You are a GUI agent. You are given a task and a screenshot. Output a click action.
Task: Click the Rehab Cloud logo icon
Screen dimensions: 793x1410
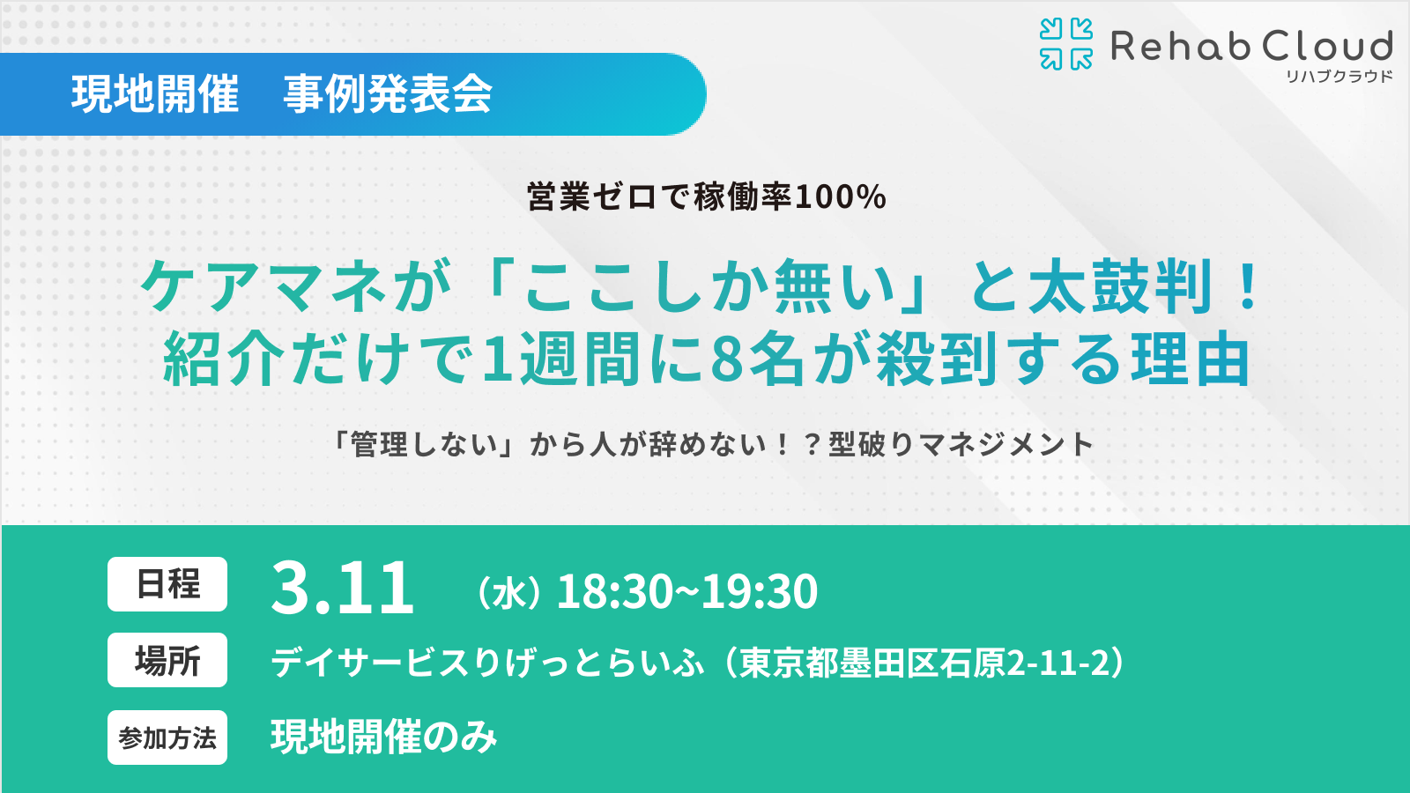click(1066, 44)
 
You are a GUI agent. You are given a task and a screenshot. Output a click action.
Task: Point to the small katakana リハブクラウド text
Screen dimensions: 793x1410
click(1339, 77)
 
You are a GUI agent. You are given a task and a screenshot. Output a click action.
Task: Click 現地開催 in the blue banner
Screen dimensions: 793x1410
click(155, 94)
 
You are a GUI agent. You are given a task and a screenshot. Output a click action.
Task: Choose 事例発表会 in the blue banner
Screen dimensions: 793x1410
click(388, 94)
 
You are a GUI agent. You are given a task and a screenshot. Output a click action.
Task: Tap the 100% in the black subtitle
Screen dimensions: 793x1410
click(841, 196)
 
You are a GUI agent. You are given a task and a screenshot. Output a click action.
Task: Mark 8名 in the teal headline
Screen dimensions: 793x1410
click(758, 359)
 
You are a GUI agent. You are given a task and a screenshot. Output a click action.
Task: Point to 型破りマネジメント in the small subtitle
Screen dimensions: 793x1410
click(961, 444)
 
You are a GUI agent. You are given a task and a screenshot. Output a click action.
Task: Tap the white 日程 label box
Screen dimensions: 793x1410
click(167, 584)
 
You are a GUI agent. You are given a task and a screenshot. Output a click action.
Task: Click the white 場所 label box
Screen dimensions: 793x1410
click(167, 660)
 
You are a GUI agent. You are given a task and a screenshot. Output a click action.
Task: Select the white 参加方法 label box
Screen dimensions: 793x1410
click(167, 737)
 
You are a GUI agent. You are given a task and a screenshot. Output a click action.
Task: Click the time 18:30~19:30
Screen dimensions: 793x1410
click(687, 591)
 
